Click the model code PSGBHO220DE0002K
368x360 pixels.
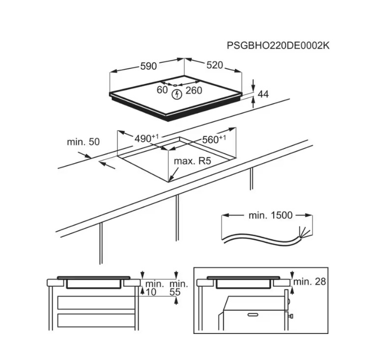point(278,46)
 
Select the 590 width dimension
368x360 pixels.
point(148,66)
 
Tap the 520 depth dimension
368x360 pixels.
point(215,65)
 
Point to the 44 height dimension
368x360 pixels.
point(263,94)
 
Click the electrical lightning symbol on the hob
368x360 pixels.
point(177,94)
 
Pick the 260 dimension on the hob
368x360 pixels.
point(194,90)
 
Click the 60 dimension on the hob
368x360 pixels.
point(162,90)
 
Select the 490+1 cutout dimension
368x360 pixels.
point(147,138)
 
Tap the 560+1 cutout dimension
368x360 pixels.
point(214,139)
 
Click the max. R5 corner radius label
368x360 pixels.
point(193,161)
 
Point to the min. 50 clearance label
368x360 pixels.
point(84,142)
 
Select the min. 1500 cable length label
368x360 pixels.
point(271,215)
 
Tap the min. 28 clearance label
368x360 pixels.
point(310,282)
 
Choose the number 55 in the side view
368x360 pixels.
point(175,292)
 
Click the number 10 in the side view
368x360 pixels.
point(151,292)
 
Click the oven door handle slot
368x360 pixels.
point(253,314)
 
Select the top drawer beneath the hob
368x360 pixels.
point(96,303)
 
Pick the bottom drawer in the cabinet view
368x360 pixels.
point(96,320)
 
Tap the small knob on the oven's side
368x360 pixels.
point(290,316)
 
